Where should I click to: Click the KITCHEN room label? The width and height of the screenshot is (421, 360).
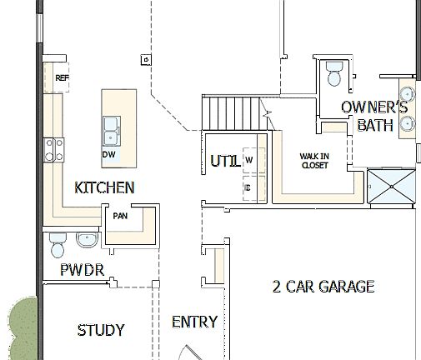tap(104, 187)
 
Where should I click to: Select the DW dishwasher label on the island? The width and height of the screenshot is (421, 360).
tap(108, 154)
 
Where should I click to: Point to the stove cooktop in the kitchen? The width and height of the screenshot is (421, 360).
tap(54, 149)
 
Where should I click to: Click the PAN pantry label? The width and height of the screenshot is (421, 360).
tap(119, 216)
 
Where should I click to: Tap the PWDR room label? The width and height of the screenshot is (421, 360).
tap(81, 270)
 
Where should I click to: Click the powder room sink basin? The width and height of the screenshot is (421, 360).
tap(88, 241)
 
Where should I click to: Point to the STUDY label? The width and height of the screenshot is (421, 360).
tap(101, 330)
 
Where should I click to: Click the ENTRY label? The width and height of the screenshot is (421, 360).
tap(194, 322)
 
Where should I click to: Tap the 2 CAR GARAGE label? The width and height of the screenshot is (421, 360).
tap(323, 287)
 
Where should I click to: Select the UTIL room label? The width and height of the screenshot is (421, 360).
tap(225, 161)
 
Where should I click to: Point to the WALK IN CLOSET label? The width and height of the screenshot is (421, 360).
tap(314, 160)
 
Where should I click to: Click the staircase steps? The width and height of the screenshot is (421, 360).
tap(232, 112)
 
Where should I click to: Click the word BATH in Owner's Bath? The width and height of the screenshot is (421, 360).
tap(375, 125)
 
